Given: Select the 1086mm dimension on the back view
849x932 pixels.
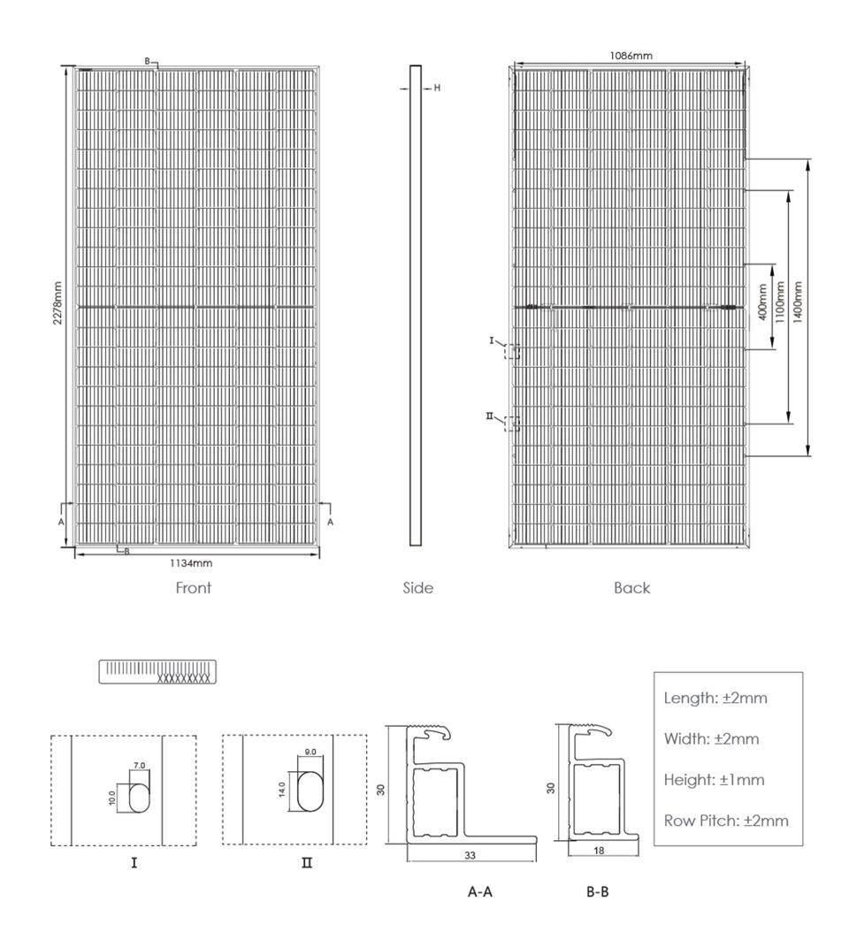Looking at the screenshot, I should pyautogui.click(x=631, y=57).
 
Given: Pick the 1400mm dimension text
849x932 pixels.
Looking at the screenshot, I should pyautogui.click(x=798, y=302).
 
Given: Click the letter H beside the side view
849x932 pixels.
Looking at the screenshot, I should pyautogui.click(x=437, y=88).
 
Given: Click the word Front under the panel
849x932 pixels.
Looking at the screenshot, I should pyautogui.click(x=193, y=588).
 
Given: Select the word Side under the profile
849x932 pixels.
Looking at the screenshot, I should pyautogui.click(x=417, y=588).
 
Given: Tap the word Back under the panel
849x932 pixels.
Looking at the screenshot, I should pyautogui.click(x=631, y=588).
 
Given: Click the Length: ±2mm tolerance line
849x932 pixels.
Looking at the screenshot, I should pyautogui.click(x=715, y=698).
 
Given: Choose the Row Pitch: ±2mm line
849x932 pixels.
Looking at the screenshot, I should pyautogui.click(x=725, y=821).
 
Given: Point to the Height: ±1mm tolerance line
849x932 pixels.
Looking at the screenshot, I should pyautogui.click(x=714, y=780).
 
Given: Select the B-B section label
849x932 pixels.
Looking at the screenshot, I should pyautogui.click(x=598, y=893).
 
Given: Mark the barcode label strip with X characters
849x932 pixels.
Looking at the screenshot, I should pyautogui.click(x=157, y=671).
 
